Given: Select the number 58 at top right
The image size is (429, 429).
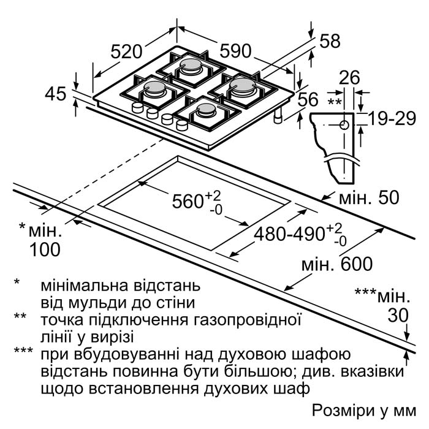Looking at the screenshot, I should pyautogui.click(x=330, y=41).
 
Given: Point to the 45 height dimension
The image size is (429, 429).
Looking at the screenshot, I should pyautogui.click(x=56, y=94).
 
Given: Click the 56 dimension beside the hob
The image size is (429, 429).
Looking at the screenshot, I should pyautogui.click(x=308, y=99).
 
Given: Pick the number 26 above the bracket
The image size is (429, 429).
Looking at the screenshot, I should pyautogui.click(x=349, y=77).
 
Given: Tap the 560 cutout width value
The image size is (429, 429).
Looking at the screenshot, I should pyautogui.click(x=186, y=201).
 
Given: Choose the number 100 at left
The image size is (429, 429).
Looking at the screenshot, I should pyautogui.click(x=45, y=249).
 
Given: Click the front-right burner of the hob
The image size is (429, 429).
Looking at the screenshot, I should pyautogui.click(x=207, y=111).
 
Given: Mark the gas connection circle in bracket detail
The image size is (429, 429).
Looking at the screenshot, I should pyautogui.click(x=344, y=125).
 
